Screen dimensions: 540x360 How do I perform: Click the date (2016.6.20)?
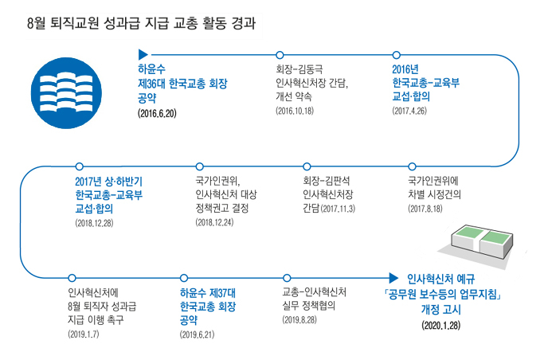click(157, 113)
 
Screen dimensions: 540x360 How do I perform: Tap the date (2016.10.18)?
click(295, 111)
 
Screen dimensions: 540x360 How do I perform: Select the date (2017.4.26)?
click(409, 111)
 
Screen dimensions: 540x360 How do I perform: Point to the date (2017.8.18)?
click(425, 209)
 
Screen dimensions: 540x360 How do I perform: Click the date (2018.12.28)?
click(94, 223)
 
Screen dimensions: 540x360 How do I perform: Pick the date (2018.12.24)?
click(214, 222)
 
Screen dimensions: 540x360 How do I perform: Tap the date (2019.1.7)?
click(84, 334)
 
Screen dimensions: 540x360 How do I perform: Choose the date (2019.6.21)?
click(197, 335)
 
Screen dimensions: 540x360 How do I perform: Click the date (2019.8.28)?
click(299, 319)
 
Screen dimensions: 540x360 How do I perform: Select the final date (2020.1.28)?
click(440, 326)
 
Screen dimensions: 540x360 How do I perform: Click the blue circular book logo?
click(66, 93)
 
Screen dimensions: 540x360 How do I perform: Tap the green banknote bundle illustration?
click(482, 241)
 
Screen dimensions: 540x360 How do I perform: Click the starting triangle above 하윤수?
click(143, 54)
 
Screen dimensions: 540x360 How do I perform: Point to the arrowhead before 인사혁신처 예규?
click(393, 278)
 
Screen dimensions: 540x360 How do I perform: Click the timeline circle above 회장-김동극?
click(280, 55)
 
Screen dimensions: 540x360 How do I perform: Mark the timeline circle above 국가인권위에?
click(412, 166)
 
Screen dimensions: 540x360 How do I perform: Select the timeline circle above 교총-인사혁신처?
click(287, 278)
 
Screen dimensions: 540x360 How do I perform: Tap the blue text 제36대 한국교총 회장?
click(182, 84)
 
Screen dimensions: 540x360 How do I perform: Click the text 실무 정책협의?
click(308, 306)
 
